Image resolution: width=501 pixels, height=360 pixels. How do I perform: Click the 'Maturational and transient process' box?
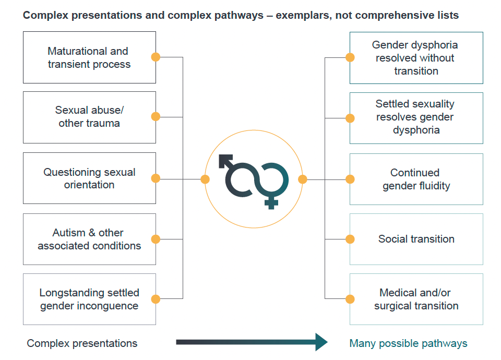coord(89,57)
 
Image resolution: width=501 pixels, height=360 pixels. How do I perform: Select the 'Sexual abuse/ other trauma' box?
coord(89,117)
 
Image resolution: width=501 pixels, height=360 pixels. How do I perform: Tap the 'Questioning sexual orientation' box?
coord(89,178)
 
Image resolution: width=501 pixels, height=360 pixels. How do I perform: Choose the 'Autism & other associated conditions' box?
coord(89,239)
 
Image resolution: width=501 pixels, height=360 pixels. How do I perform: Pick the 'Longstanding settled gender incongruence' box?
coord(89,299)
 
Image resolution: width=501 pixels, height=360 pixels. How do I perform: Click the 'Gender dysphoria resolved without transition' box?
coord(416,58)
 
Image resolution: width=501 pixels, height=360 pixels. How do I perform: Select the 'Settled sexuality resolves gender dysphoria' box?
coord(416,118)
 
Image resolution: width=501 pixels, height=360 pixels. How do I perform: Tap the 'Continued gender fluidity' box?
coord(416,179)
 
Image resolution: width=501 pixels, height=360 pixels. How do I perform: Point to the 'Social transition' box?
coord(416,239)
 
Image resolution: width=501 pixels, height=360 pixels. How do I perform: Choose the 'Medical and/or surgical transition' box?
coord(416,299)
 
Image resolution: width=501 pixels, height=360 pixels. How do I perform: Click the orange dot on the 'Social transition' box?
coord(350,239)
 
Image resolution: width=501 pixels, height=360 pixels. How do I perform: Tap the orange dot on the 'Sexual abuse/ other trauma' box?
coord(156,116)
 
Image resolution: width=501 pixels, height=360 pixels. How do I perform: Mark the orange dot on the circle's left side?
coord(205,179)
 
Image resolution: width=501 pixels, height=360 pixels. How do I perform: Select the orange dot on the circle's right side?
coord(303,179)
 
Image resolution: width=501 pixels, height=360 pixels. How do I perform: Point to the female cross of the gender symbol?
coord(271,202)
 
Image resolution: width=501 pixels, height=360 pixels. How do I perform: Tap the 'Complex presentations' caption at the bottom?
coord(82,343)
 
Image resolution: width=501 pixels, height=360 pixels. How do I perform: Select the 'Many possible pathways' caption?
coord(408,343)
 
